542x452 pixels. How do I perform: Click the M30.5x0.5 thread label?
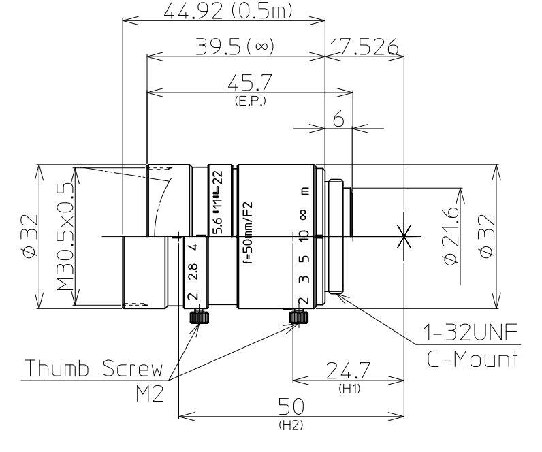coord(65,236)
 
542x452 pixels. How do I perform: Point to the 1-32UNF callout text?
coord(471,334)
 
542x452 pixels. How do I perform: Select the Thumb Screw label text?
coord(93,370)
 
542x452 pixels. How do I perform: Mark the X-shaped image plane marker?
coord(404,237)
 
